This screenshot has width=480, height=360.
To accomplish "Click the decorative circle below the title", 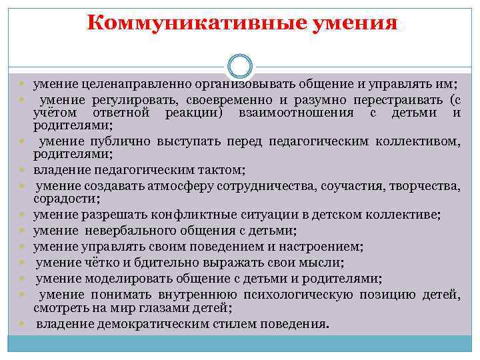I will click(239, 66).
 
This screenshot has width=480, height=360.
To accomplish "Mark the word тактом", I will click(223, 169).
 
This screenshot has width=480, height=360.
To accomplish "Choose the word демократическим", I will click(141, 324).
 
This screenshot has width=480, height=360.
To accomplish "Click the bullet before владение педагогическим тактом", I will click(22, 170).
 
